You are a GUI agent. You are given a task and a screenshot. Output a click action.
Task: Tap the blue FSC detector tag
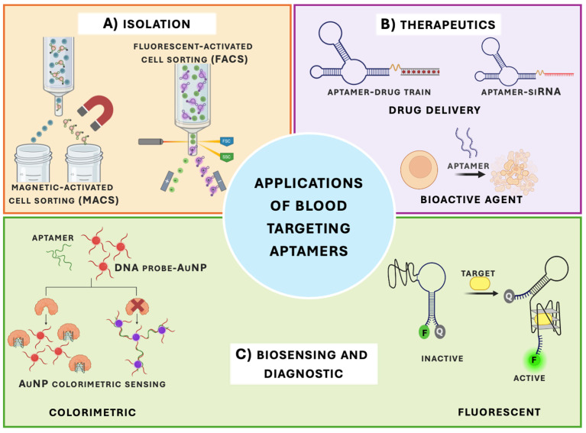[x=226, y=141]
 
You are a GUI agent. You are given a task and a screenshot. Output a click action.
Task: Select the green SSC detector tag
[x=226, y=157]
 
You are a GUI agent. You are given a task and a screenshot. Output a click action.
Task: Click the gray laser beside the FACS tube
[x=151, y=141]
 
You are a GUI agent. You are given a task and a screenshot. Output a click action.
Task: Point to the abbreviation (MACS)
[x=99, y=200]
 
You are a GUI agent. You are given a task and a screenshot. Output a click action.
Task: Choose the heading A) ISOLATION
[x=147, y=24]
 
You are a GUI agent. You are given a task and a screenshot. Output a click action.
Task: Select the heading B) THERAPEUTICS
[x=438, y=24]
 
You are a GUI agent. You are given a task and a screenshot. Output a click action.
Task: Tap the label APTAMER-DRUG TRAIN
[x=379, y=92]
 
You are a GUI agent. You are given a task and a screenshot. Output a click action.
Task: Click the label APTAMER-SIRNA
[x=521, y=92]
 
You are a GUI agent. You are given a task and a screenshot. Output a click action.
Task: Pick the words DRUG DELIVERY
[x=435, y=110]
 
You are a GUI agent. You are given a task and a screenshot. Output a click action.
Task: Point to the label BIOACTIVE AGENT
[x=471, y=199]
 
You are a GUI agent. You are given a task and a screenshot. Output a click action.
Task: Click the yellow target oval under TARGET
[x=480, y=284]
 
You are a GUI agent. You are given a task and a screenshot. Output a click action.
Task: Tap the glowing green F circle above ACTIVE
[x=534, y=360]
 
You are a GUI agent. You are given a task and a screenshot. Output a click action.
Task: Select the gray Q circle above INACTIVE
[x=439, y=331]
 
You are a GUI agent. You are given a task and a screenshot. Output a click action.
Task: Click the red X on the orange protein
[x=138, y=306]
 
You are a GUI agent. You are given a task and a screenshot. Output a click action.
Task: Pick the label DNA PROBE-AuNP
[x=160, y=267]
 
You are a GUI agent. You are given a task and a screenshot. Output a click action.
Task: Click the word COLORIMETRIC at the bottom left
[x=92, y=412]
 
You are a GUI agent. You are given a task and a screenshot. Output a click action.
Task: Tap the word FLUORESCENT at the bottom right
[x=499, y=412]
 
